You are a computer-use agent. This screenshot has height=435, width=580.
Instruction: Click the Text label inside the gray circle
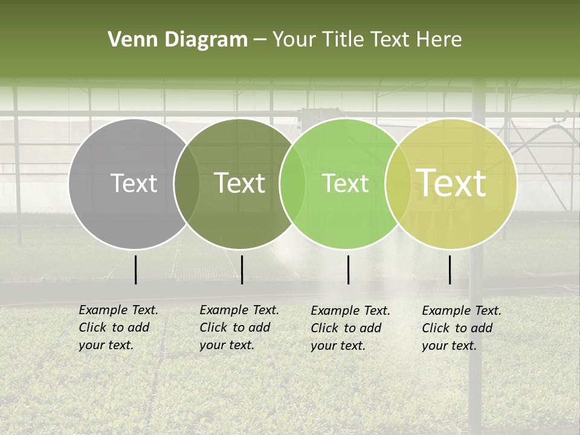tap(134, 183)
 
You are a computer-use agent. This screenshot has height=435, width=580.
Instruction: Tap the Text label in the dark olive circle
tap(239, 183)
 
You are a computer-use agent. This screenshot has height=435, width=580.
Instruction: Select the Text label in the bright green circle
tap(345, 183)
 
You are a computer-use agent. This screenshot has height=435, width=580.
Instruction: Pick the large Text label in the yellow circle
tap(451, 183)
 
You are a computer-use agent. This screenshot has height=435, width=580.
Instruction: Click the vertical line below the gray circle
tap(136, 269)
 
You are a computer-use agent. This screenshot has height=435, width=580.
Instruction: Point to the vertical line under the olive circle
tap(242, 269)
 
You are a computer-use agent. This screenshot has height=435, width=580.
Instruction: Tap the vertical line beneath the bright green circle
tap(349, 269)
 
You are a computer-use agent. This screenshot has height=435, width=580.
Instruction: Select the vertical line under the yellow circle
tap(450, 269)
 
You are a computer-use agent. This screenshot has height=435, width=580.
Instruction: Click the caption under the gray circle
tap(118, 327)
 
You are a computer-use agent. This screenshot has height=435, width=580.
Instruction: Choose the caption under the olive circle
tap(239, 327)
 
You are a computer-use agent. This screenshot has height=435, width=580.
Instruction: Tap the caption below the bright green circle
tap(350, 328)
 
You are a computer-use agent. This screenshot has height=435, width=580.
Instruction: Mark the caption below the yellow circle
tap(462, 328)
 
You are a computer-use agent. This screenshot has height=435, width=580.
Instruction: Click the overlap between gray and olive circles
tap(187, 184)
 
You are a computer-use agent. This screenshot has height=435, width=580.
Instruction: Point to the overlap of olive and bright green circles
tap(292, 184)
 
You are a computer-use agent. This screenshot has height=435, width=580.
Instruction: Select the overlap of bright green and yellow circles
tap(398, 184)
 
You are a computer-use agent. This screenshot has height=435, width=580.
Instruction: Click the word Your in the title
tap(294, 40)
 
